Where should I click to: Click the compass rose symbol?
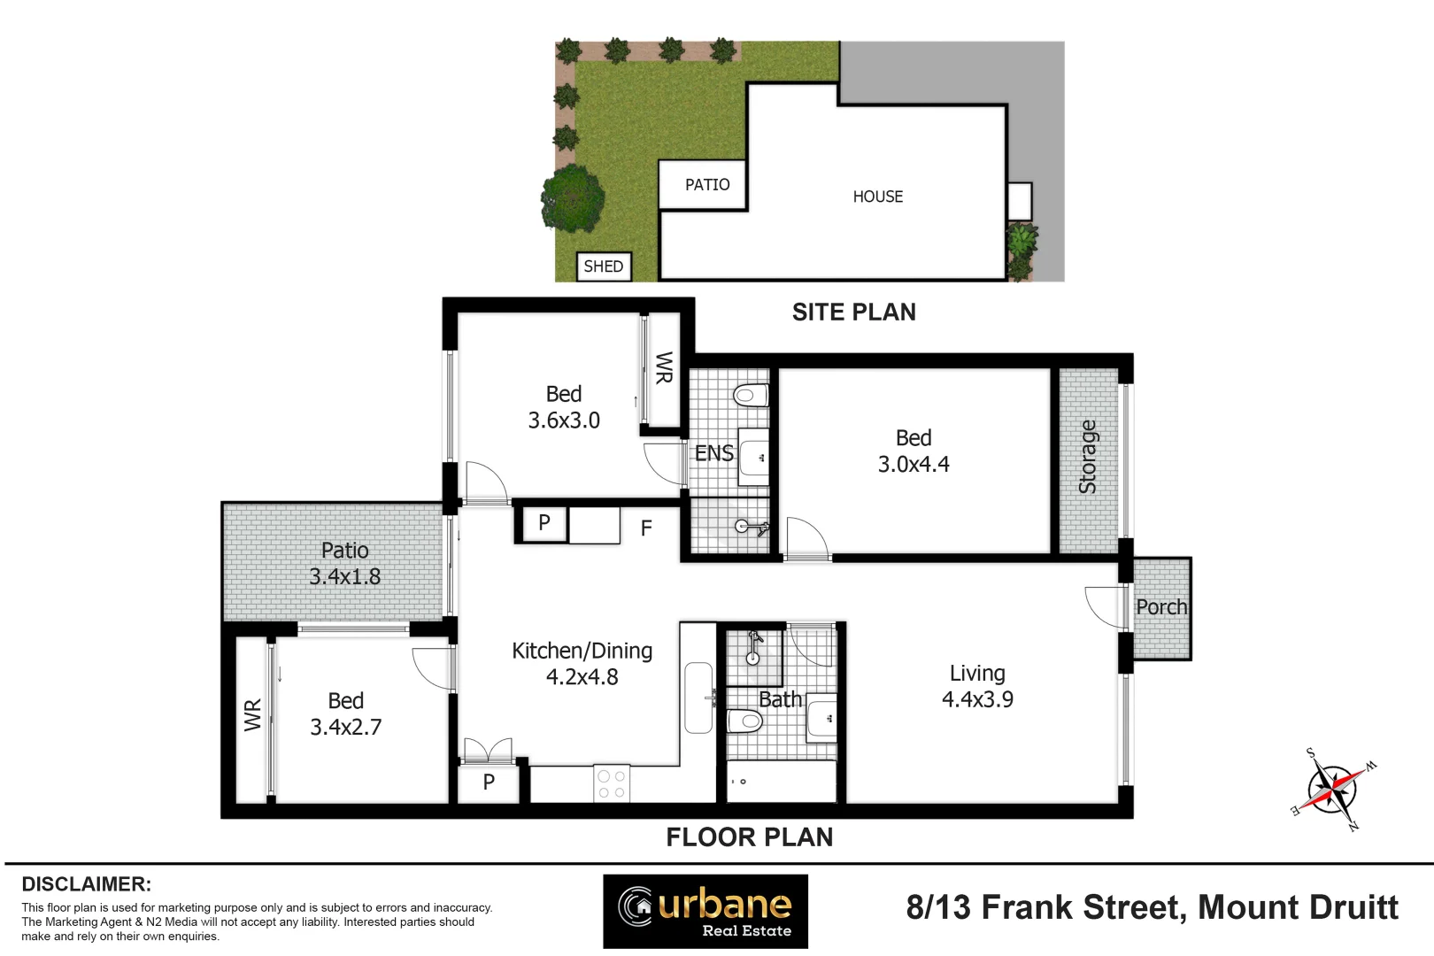point(1331,789)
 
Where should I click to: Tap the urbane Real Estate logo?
point(705,911)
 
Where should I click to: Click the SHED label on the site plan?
point(604,266)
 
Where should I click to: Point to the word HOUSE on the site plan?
point(878,197)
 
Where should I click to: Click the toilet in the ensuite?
point(750,395)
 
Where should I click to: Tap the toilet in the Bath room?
point(745,721)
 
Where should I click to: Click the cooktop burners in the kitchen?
point(611,783)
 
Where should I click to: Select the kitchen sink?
point(698,698)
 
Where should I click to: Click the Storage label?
point(1088,457)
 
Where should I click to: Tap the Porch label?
point(1161,607)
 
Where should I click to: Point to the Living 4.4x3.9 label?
point(977,686)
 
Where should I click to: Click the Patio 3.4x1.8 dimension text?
point(345,576)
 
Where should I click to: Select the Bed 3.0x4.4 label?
point(914,451)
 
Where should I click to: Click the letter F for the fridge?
point(646,528)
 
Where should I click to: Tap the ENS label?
point(713,453)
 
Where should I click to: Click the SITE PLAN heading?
point(853,312)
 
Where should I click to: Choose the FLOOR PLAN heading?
point(749,837)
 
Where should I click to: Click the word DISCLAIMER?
point(86,884)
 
